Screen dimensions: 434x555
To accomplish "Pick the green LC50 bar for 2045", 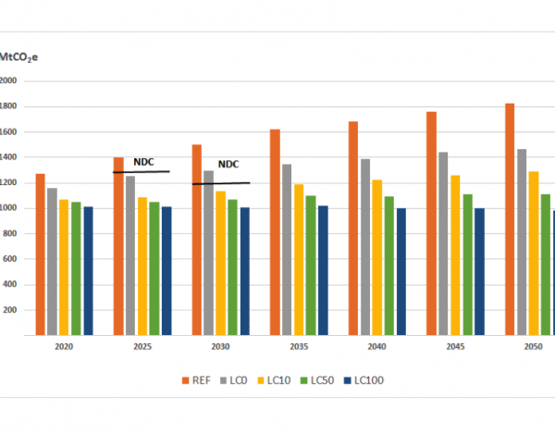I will point(467,265).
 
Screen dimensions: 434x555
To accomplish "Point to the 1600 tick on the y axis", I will point(9,131).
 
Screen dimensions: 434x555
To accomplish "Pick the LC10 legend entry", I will point(277,379).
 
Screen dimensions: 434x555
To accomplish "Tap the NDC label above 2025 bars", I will point(142,161).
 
